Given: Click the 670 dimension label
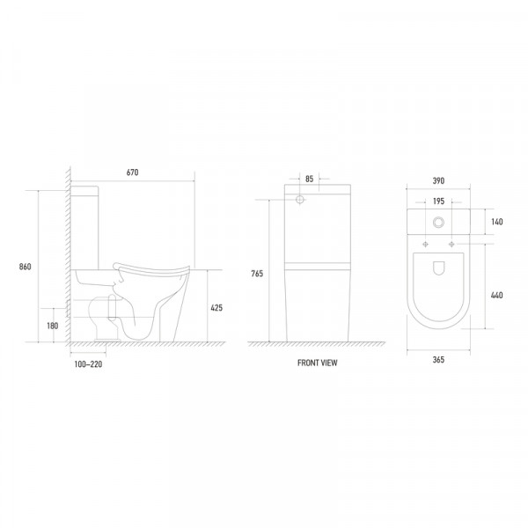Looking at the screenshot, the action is [132, 172].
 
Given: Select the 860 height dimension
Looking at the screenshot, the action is [25, 267].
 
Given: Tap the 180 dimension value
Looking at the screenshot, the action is [53, 326].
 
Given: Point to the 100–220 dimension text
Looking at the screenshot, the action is [88, 364].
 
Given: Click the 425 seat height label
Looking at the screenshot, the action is [216, 308].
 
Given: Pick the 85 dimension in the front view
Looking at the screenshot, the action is [310, 180].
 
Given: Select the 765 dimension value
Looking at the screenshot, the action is [257, 274].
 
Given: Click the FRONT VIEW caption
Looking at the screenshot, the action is [317, 363].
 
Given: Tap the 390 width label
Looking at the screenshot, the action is [438, 180].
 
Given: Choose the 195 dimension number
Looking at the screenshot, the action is [438, 202].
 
